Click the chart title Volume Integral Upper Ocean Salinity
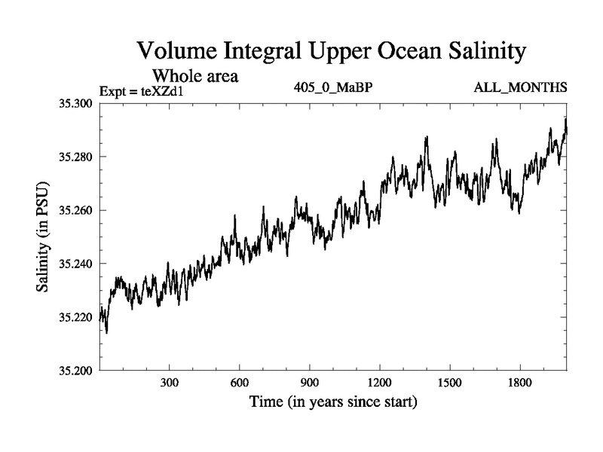pos(330,53)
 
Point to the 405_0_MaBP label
pos(332,88)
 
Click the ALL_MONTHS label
pos(520,88)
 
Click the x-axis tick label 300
pos(170,382)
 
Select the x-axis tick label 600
pos(240,382)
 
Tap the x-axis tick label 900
pos(310,382)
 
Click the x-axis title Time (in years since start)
pos(332,402)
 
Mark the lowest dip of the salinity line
pos(106,332)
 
